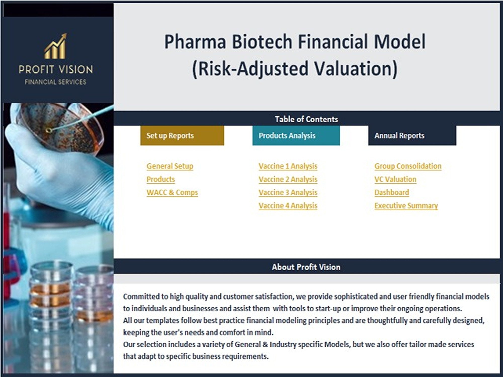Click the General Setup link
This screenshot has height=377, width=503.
tap(170, 166)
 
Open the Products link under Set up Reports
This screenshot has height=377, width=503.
tap(161, 179)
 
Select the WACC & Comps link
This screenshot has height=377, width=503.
tap(172, 193)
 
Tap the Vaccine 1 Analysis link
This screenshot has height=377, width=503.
tap(288, 166)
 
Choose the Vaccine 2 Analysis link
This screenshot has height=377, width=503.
tap(288, 179)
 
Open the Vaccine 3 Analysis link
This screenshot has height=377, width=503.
tap(288, 193)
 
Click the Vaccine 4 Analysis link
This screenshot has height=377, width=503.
tap(288, 206)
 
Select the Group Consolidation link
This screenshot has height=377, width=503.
tap(408, 166)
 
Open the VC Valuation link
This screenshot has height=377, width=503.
tap(395, 179)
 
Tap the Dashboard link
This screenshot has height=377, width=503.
tap(392, 193)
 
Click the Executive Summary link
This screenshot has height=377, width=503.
tap(406, 206)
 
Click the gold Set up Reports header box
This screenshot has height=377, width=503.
tap(182, 135)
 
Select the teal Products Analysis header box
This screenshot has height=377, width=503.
tap(296, 135)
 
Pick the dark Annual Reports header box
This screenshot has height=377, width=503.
tap(412, 135)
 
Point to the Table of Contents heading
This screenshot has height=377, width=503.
tap(306, 119)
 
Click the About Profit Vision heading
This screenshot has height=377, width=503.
tap(306, 267)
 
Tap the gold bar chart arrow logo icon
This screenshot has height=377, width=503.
tap(56, 46)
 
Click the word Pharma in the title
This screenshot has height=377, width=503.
tap(195, 42)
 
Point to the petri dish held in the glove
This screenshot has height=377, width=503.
tap(60, 128)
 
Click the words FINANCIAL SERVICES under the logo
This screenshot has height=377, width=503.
tap(56, 82)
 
